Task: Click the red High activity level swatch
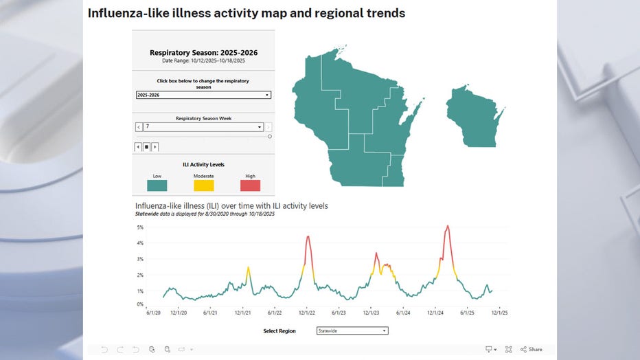(x=250, y=185)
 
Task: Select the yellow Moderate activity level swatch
(x=203, y=185)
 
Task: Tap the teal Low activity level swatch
(x=157, y=185)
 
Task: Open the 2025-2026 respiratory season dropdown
(x=203, y=95)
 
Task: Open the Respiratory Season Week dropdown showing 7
(x=203, y=127)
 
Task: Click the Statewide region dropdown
(x=352, y=330)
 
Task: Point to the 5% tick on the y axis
(x=139, y=227)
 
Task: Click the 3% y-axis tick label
(x=139, y=259)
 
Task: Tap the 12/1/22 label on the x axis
(x=307, y=313)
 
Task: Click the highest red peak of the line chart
(x=448, y=226)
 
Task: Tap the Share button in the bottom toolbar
(x=531, y=349)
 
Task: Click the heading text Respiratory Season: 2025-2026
(x=203, y=52)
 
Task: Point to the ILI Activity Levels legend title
(x=203, y=165)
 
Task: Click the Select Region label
(x=279, y=331)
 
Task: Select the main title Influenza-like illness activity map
(x=246, y=13)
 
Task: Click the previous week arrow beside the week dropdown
(x=139, y=127)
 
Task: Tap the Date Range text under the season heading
(x=203, y=60)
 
